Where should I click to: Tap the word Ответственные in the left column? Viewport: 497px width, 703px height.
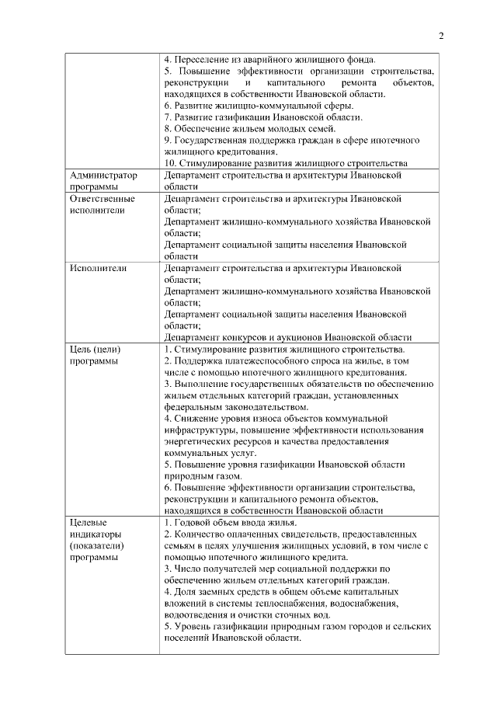[x=102, y=199]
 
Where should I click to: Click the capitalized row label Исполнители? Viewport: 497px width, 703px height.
[x=99, y=268]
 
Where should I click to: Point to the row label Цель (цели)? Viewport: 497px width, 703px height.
[x=95, y=349]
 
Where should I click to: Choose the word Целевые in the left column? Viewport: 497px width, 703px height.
[x=88, y=523]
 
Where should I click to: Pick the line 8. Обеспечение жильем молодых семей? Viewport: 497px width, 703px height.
[x=250, y=128]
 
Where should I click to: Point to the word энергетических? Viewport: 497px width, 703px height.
[x=200, y=441]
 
